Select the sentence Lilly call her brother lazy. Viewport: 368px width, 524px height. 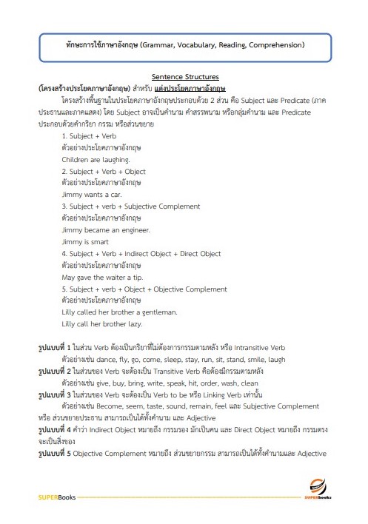(x=101, y=324)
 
